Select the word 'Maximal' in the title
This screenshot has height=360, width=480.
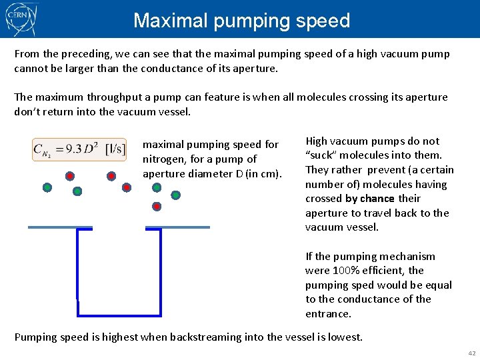[169, 21]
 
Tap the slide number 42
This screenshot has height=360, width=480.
[471, 353]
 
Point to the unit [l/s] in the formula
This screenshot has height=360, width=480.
[115, 149]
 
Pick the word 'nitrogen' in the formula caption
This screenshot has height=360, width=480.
[163, 159]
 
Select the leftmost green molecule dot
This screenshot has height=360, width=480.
[47, 187]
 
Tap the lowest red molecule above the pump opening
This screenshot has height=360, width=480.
[157, 207]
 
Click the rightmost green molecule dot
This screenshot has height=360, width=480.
[175, 195]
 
